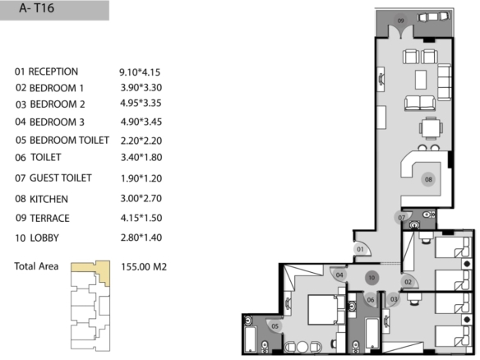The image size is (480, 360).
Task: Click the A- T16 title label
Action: [x=37, y=8]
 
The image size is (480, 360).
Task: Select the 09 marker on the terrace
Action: [x=400, y=21]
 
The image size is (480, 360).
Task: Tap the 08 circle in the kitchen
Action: [x=428, y=179]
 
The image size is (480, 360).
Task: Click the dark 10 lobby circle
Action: [x=372, y=278]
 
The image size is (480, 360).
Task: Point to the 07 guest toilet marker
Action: [x=401, y=218]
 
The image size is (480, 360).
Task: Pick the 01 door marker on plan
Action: [x=360, y=249]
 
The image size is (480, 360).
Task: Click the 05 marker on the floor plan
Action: [x=275, y=326]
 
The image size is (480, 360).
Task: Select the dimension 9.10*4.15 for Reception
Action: [x=140, y=72]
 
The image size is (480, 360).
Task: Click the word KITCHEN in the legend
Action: [x=48, y=199]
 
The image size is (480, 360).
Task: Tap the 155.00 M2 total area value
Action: [x=144, y=266]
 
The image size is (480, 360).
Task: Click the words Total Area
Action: [x=36, y=266]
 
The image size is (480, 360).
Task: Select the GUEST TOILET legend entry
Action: [x=60, y=178]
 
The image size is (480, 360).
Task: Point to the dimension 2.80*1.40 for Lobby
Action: [x=141, y=238]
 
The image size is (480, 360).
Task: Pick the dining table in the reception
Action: [x=431, y=128]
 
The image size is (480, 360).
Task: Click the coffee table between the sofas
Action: [x=421, y=80]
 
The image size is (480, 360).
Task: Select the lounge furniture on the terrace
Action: [x=433, y=16]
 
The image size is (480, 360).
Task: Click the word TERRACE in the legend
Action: [x=49, y=219]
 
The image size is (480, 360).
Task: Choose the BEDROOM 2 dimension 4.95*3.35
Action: [x=141, y=104]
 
